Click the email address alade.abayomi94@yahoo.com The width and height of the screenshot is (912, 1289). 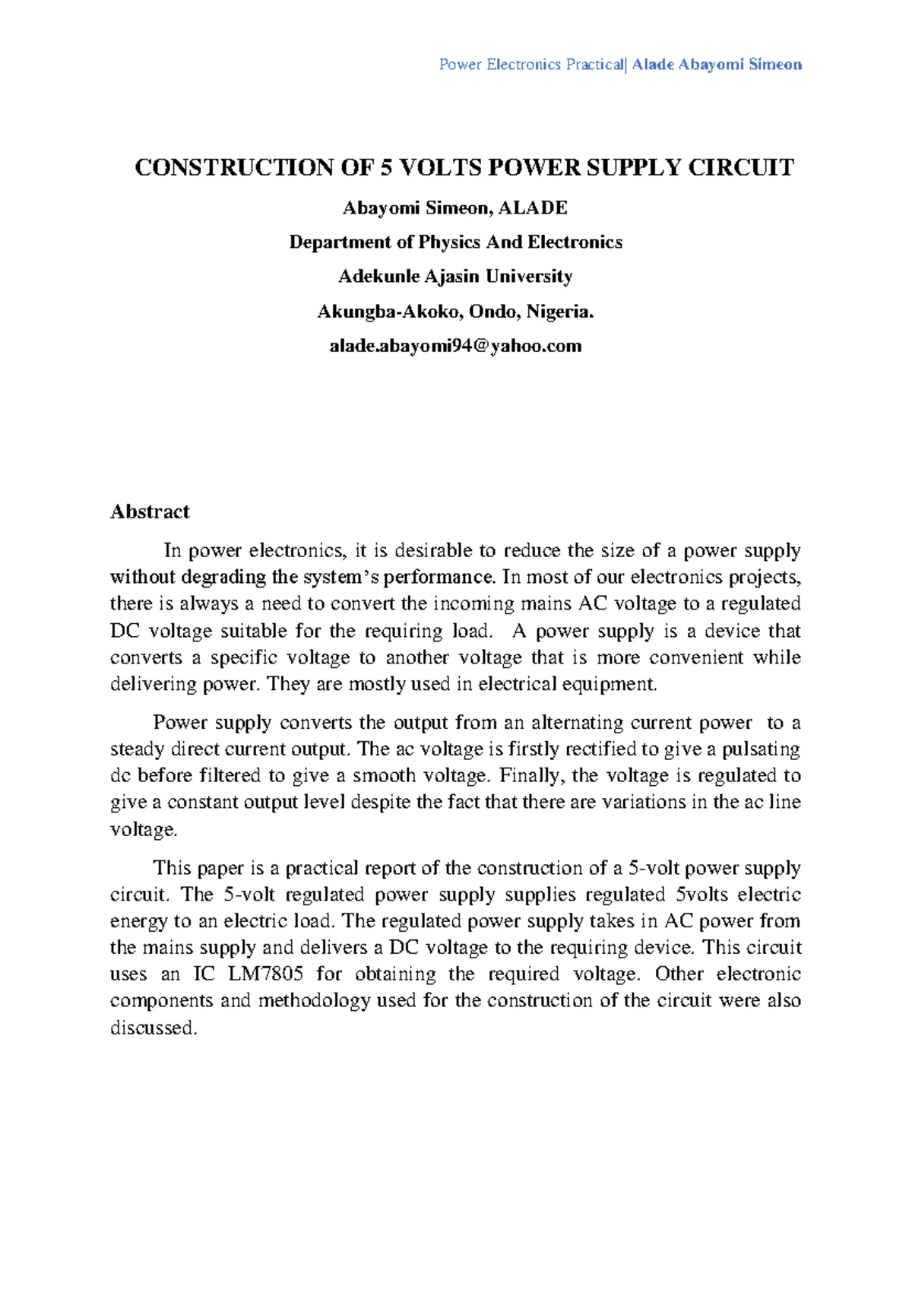(x=455, y=346)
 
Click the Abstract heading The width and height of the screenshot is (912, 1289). (x=150, y=511)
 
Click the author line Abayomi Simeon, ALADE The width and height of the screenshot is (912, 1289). (x=455, y=207)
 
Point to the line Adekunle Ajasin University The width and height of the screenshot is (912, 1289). (x=455, y=277)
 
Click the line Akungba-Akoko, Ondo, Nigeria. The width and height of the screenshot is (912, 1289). (x=455, y=312)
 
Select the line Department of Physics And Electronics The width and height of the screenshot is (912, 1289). (x=455, y=242)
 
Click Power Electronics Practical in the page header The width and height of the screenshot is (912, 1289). (x=530, y=65)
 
